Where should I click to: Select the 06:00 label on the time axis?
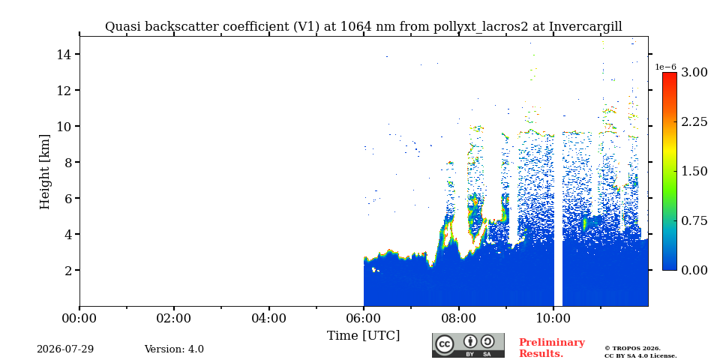[x=363, y=318]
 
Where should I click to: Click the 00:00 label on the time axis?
[x=79, y=318]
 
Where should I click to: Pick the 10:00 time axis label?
[x=553, y=318]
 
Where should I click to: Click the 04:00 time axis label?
[x=268, y=318]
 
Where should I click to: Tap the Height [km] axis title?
[x=44, y=172]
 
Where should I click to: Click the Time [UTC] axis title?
[x=363, y=335]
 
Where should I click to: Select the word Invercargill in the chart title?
[x=586, y=27]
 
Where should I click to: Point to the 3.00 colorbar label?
[x=694, y=73]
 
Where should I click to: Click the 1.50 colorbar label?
[x=694, y=171]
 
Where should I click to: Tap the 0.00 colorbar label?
[x=694, y=270]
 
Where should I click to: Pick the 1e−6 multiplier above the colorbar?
[x=666, y=67]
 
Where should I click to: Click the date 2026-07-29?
[x=65, y=349]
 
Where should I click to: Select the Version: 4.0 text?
[x=174, y=349]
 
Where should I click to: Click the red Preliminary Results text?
[x=552, y=348]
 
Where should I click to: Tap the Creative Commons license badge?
[x=468, y=345]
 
